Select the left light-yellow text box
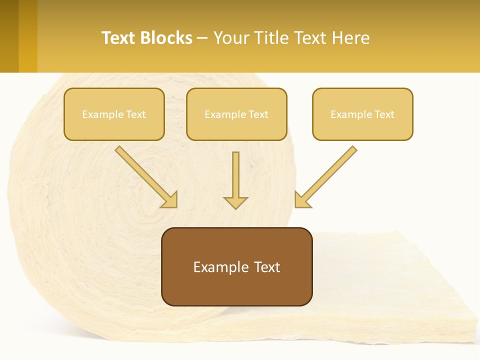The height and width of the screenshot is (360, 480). click(x=114, y=114)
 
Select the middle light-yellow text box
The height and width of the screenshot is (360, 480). click(x=236, y=114)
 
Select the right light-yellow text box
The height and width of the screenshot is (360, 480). click(x=362, y=114)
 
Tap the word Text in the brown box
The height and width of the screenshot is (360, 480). click(x=266, y=267)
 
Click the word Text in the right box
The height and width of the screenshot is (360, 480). click(x=384, y=114)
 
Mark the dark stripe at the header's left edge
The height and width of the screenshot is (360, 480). click(x=9, y=36)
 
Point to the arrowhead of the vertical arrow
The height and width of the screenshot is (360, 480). click(x=235, y=202)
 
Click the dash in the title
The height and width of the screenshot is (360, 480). click(x=202, y=38)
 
